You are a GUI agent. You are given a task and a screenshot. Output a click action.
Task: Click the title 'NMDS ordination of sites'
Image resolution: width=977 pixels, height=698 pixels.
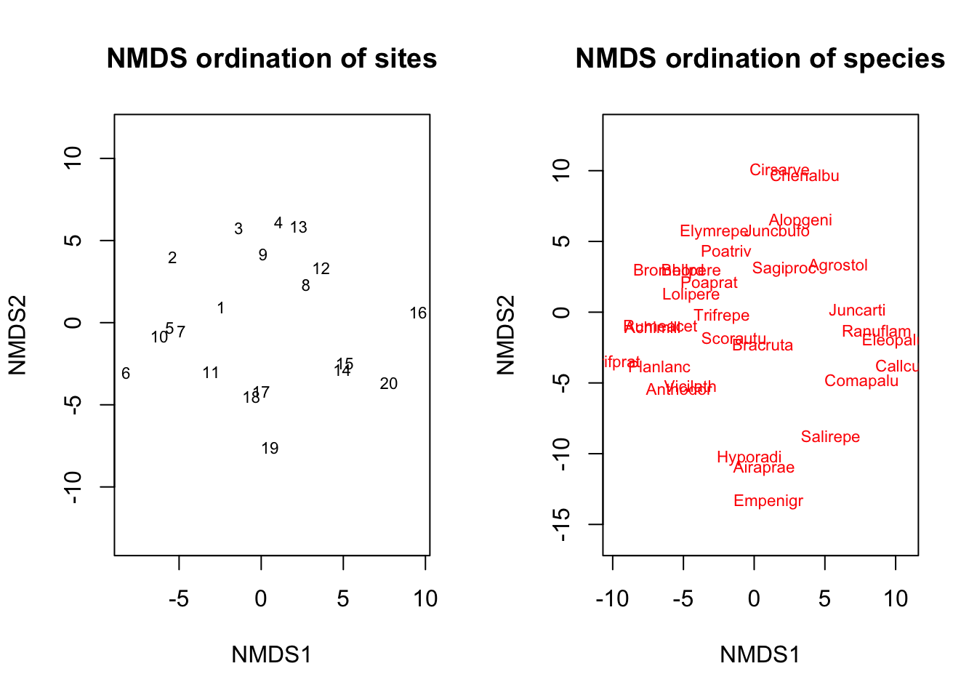pyautogui.click(x=271, y=59)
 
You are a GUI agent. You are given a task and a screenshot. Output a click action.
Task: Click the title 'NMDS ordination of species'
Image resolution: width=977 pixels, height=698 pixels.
pyautogui.click(x=760, y=59)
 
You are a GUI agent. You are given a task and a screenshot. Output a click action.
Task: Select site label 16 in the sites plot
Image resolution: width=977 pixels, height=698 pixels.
pyautogui.click(x=418, y=313)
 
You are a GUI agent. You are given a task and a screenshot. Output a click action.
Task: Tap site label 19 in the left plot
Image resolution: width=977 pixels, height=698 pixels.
pyautogui.click(x=270, y=449)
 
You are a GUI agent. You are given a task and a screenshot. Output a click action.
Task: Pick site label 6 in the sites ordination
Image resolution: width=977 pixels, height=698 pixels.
pyautogui.click(x=126, y=374)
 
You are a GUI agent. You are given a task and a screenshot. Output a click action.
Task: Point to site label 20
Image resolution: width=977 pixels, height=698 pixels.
pyautogui.click(x=389, y=384)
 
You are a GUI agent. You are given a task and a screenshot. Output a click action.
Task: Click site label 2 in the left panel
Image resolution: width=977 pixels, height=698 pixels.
pyautogui.click(x=172, y=258)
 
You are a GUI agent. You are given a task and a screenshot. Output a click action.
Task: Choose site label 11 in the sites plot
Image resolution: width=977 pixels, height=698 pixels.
pyautogui.click(x=211, y=373)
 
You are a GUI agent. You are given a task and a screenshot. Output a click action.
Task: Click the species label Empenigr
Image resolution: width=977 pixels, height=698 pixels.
pyautogui.click(x=768, y=501)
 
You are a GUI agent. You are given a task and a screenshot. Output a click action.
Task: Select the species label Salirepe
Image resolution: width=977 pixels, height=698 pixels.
pyautogui.click(x=830, y=437)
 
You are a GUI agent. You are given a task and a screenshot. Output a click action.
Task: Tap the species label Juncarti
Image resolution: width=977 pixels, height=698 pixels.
pyautogui.click(x=857, y=310)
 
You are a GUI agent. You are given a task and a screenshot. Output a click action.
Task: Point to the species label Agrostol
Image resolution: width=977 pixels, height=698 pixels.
pyautogui.click(x=838, y=265)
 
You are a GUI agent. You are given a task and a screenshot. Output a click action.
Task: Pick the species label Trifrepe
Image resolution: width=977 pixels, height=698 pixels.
pyautogui.click(x=721, y=316)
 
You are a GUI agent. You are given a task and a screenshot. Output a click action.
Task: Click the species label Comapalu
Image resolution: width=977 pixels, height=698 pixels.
pyautogui.click(x=861, y=381)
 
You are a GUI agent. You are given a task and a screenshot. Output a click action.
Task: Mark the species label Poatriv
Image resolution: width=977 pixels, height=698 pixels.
pyautogui.click(x=725, y=252)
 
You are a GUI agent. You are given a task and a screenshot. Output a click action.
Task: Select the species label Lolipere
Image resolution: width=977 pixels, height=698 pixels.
pyautogui.click(x=691, y=294)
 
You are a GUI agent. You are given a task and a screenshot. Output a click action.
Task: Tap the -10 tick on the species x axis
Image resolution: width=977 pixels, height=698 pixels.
pyautogui.click(x=612, y=599)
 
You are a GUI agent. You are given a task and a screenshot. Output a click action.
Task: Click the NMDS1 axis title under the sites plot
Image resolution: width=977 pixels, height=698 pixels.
pyautogui.click(x=271, y=655)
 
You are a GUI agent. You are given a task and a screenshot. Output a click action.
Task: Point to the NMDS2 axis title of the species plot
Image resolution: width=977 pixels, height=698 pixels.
pyautogui.click(x=506, y=334)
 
